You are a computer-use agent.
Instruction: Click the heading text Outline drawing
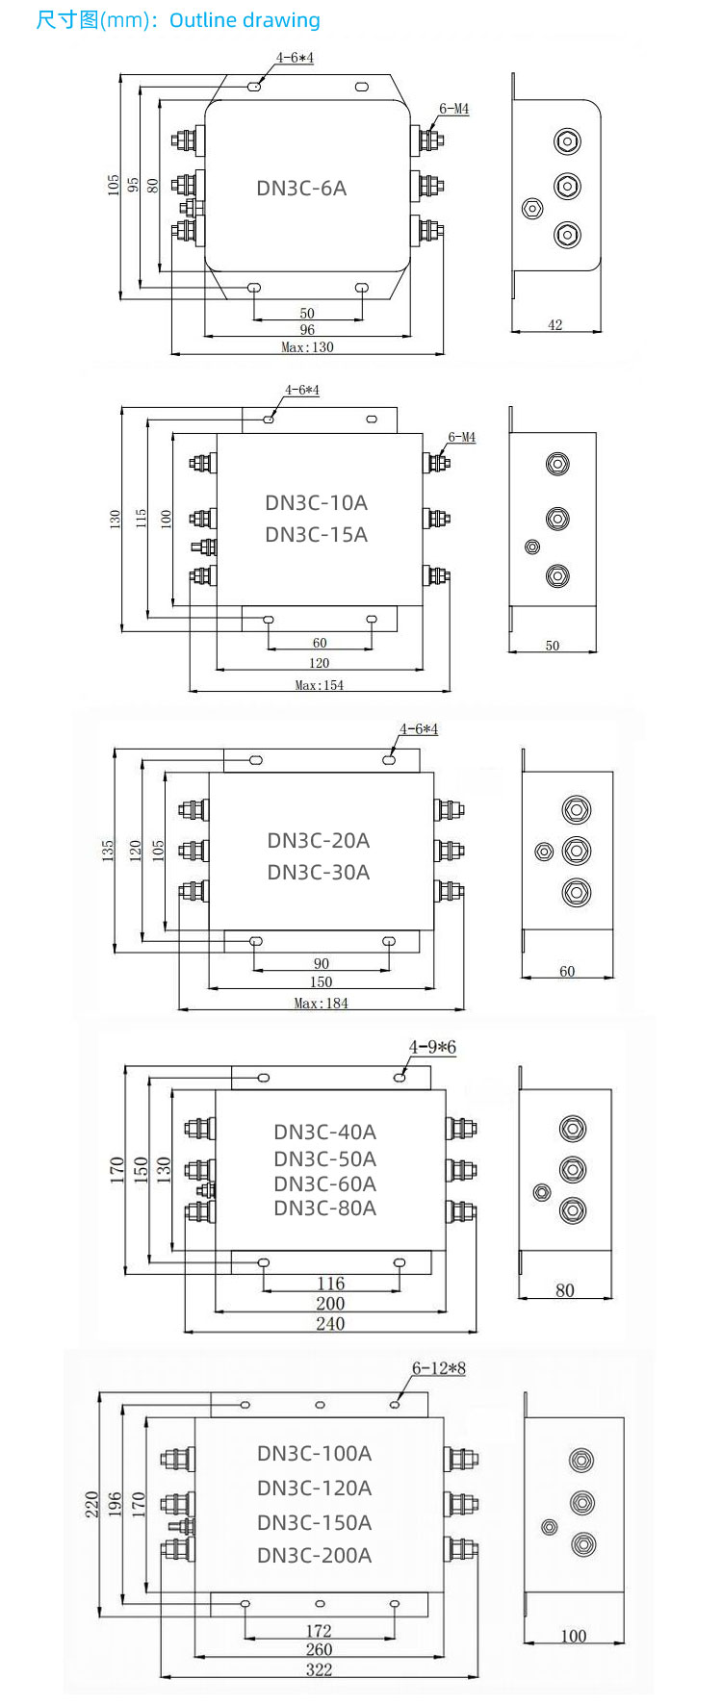pos(245,20)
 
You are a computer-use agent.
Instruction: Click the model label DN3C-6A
pos(301,188)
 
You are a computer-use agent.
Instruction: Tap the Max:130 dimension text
pos(307,347)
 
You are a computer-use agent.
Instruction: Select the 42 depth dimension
pos(554,325)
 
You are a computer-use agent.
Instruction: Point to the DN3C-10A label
pos(316,502)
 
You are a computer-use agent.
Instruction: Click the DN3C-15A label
pos(316,534)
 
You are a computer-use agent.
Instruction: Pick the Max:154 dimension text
pos(319,685)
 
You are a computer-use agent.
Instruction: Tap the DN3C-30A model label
pos(318,872)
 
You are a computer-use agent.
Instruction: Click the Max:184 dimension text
pos(321,1003)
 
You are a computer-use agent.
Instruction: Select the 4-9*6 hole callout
pos(432,1047)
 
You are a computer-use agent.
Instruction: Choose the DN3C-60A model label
pos(324,1183)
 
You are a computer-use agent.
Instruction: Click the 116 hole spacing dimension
pos(330,1284)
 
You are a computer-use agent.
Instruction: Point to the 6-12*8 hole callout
pos(438,1368)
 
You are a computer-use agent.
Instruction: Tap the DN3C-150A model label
pos(314,1522)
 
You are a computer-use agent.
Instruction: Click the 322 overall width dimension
pos(319,1669)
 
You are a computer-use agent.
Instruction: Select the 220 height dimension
pos(92,1503)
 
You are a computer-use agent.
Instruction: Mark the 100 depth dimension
pos(573,1636)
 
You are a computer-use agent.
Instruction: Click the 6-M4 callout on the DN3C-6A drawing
pos(453,109)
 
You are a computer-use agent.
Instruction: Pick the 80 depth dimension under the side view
pos(565,1290)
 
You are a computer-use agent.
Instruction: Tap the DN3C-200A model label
pos(314,1555)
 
